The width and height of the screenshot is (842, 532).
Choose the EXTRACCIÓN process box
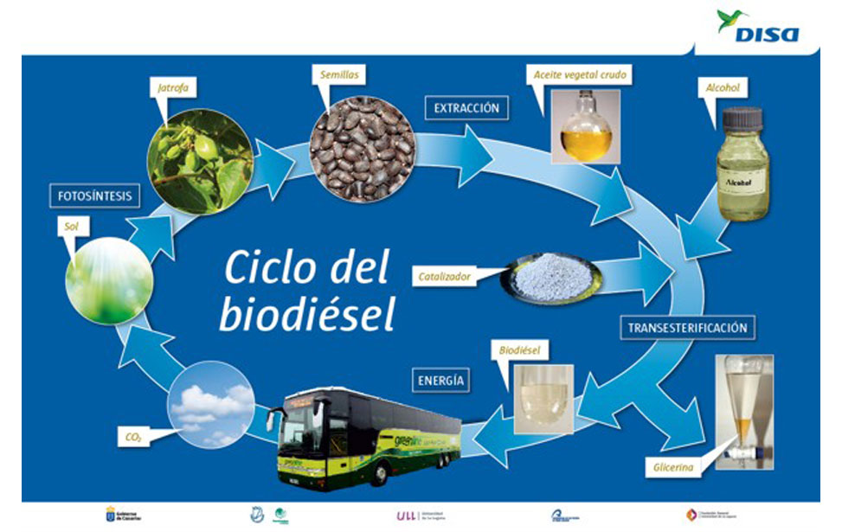pyautogui.click(x=466, y=108)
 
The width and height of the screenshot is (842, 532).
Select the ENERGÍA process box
pyautogui.click(x=440, y=380)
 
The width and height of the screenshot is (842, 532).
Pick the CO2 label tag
pyautogui.click(x=132, y=439)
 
